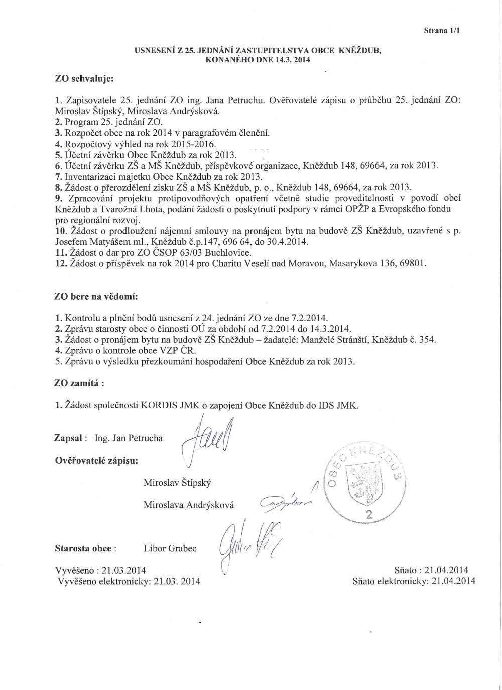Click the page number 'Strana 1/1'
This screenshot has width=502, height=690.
[x=442, y=31]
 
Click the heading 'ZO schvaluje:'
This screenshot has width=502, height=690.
[x=84, y=79]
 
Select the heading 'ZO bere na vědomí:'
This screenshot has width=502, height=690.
[x=95, y=296]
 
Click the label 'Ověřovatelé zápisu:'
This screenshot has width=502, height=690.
[x=96, y=460]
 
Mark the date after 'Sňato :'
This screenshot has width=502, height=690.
[x=446, y=570]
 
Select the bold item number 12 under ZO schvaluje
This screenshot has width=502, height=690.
[x=60, y=263]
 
